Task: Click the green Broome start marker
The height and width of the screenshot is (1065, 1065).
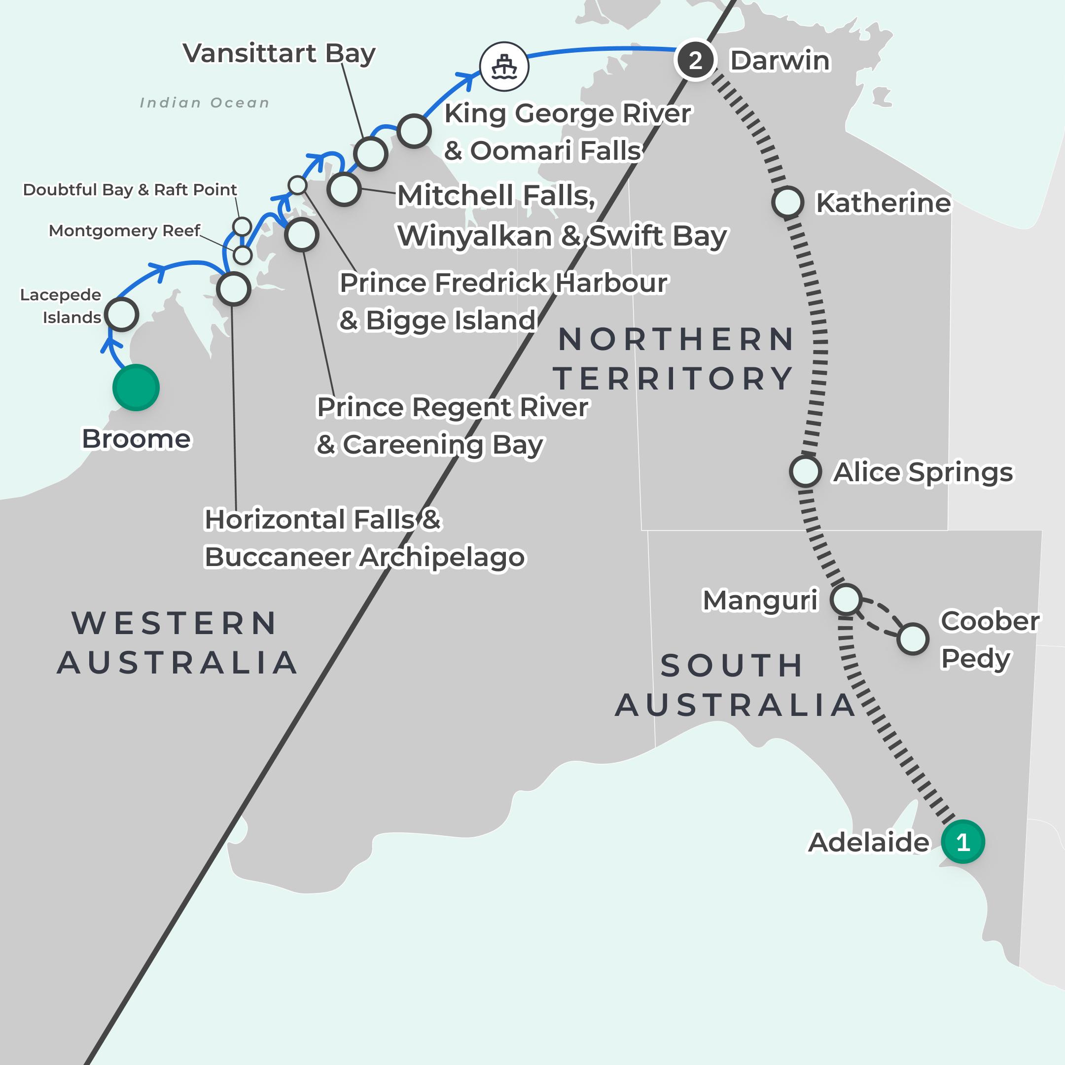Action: click(136, 388)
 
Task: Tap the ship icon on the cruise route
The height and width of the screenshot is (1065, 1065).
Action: click(504, 67)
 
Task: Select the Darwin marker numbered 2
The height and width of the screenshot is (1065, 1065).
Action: click(695, 60)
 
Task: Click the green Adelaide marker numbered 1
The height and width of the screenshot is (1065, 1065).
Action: click(962, 842)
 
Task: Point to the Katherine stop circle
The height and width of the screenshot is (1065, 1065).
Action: click(787, 202)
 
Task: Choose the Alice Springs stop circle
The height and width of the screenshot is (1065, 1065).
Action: click(805, 471)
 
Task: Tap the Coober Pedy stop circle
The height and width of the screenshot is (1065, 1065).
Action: click(912, 639)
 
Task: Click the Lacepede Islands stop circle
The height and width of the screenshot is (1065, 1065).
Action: click(121, 314)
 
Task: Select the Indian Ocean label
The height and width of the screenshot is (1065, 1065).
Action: click(205, 103)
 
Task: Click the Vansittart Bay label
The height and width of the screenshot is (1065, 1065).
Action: click(279, 53)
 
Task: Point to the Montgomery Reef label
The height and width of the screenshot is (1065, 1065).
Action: click(124, 230)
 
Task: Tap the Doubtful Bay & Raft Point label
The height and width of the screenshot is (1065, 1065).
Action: click(130, 190)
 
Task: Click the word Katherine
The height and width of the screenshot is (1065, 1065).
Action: click(883, 203)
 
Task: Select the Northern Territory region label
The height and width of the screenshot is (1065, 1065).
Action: click(674, 359)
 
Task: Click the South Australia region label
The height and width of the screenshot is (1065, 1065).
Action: click(734, 685)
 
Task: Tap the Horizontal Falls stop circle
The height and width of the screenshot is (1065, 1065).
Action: click(234, 289)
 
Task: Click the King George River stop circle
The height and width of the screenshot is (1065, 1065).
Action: click(414, 131)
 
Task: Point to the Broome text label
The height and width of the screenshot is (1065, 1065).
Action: click(136, 439)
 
